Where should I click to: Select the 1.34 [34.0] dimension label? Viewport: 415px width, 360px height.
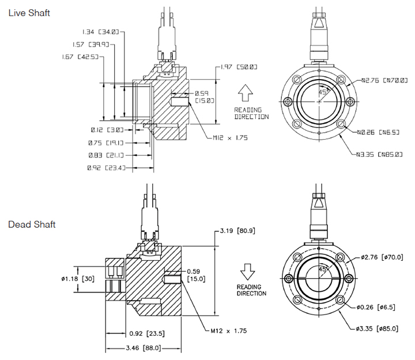[100, 31]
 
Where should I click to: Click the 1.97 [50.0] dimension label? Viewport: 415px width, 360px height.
[239, 67]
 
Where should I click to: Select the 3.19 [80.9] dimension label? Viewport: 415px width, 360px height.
[236, 231]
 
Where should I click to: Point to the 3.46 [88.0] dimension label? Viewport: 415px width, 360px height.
[142, 348]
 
